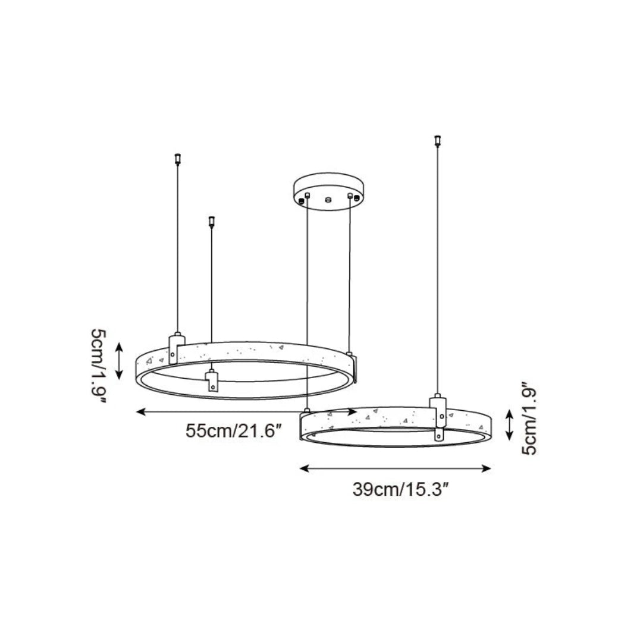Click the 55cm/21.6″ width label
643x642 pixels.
pyautogui.click(x=233, y=431)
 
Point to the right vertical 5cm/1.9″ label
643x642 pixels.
pyautogui.click(x=529, y=418)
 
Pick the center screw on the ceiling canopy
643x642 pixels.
pyautogui.click(x=327, y=198)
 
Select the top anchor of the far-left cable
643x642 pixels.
pyautogui.click(x=177, y=159)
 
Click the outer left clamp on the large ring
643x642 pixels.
pyautogui.click(x=174, y=348)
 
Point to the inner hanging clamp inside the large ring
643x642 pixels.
pyautogui.click(x=212, y=380)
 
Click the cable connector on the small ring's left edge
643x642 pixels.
pyautogui.click(x=307, y=412)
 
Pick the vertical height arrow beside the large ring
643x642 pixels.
pyautogui.click(x=119, y=360)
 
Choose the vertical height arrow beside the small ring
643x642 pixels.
pyautogui.click(x=509, y=424)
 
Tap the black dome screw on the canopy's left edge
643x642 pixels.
pyautogui.click(x=302, y=201)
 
